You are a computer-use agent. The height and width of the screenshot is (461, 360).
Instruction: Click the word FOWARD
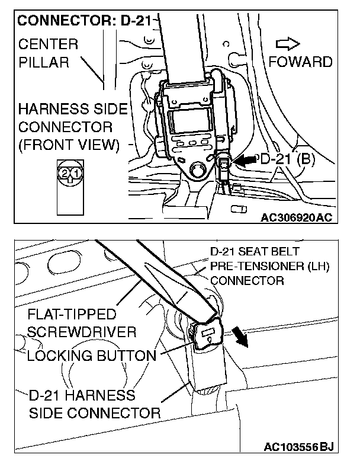(300, 61)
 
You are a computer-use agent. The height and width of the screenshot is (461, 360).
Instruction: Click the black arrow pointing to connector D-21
(243, 159)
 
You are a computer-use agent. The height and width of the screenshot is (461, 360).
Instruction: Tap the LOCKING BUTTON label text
(92, 356)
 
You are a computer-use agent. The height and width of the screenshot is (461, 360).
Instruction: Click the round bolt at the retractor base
(197, 169)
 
